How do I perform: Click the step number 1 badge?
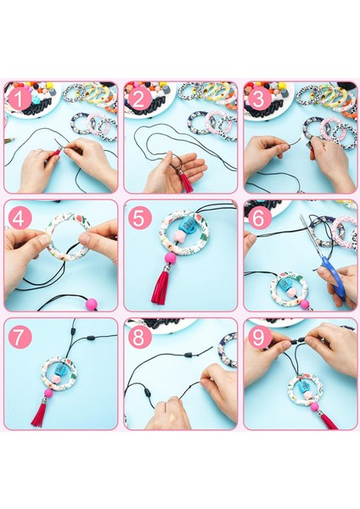20,98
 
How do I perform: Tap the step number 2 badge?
138,98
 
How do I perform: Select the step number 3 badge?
258,98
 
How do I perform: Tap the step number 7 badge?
20,337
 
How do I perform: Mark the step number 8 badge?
138,337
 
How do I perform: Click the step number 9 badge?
258,337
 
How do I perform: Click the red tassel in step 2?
187,182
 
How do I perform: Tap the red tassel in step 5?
161,288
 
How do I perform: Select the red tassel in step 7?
40,412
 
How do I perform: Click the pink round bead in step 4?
92,305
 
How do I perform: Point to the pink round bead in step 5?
171,259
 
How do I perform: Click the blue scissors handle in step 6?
333,276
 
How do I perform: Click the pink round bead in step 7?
48,394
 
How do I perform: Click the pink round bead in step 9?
314,407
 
